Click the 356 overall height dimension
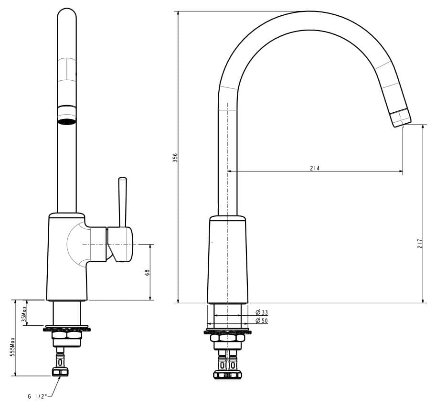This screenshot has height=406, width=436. coord(175,158)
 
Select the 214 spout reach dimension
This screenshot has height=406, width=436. coord(315,168)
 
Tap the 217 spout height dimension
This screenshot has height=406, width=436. coord(419,243)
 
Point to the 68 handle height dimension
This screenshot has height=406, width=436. coord(147,272)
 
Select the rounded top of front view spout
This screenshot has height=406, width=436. coord(67,14)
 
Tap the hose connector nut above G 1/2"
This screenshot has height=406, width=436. coord(60,372)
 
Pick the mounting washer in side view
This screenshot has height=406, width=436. coord(228,331)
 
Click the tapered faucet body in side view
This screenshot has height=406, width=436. coord(228,260)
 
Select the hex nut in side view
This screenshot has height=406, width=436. coord(228,338)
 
